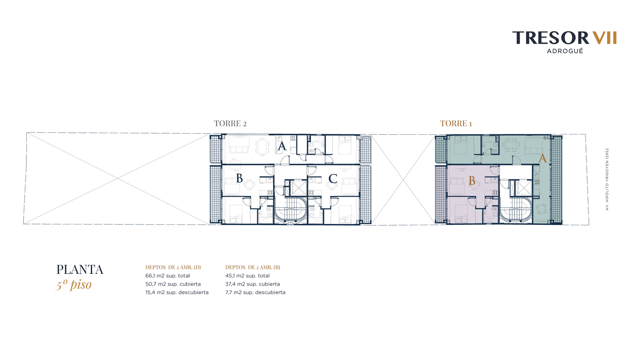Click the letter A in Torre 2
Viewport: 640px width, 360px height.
point(282,146)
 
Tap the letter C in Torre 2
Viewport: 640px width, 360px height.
point(332,179)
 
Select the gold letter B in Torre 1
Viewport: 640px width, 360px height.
point(472,180)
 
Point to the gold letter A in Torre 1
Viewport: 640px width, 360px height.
point(542,158)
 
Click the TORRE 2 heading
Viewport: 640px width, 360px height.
point(230,124)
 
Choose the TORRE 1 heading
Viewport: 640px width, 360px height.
point(456,124)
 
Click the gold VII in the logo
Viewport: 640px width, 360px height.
point(604,38)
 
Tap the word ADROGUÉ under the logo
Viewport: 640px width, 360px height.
point(565,51)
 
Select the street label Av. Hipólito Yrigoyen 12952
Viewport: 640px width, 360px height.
point(607,179)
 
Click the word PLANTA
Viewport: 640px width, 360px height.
point(80,270)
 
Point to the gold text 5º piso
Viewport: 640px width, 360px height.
point(74,284)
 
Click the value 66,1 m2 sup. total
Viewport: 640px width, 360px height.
point(168,276)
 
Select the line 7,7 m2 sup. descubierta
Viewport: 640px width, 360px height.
point(255,292)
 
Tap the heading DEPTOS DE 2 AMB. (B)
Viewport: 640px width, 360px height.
point(252,268)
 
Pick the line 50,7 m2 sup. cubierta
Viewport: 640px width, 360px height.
point(173,284)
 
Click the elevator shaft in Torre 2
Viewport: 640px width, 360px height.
point(298,188)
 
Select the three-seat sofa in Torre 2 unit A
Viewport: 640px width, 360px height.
point(239,149)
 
